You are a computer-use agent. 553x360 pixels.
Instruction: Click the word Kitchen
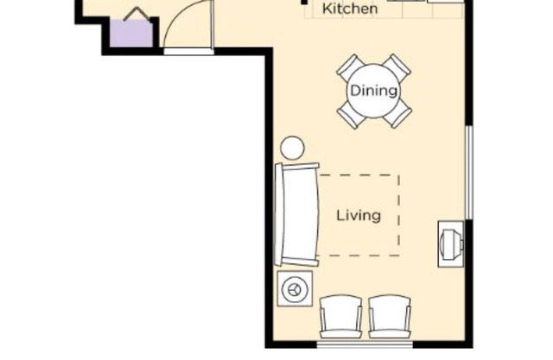(x=350, y=9)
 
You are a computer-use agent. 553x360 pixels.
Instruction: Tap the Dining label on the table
(x=373, y=91)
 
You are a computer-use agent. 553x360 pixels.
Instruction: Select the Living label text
(x=358, y=215)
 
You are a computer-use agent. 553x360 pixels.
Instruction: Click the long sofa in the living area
(x=296, y=214)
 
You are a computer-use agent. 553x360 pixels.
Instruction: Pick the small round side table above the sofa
(x=293, y=148)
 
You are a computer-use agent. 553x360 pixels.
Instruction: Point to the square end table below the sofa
(x=295, y=287)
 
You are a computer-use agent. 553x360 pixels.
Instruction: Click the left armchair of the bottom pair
(x=341, y=317)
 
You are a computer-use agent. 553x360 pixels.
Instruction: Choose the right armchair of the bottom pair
(x=390, y=317)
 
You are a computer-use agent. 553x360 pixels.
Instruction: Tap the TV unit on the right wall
(x=451, y=243)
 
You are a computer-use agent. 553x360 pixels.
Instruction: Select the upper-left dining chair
(x=350, y=67)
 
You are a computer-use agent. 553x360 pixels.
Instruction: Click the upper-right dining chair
(x=397, y=67)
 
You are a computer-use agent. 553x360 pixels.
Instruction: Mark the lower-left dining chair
(x=350, y=113)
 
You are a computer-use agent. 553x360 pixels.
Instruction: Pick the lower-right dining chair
(x=397, y=113)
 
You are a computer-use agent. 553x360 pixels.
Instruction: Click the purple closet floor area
(x=130, y=35)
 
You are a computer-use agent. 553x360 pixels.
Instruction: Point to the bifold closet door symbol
(x=131, y=14)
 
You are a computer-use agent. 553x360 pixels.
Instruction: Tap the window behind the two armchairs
(x=364, y=344)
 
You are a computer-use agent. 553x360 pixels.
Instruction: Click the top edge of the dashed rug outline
(x=359, y=175)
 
